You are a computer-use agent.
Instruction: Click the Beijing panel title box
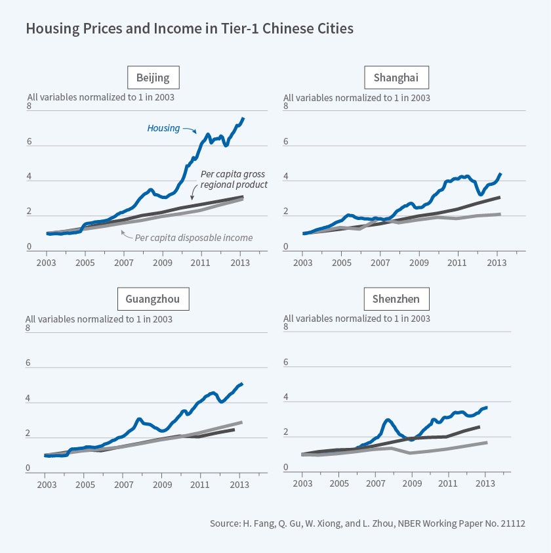pyautogui.click(x=153, y=78)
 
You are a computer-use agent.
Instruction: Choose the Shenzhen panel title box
pyautogui.click(x=396, y=299)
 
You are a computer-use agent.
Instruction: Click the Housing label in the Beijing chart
pyautogui.click(x=163, y=128)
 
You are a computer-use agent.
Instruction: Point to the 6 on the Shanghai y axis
pyautogui.click(x=286, y=142)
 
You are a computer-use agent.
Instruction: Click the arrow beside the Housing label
pyautogui.click(x=190, y=130)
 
